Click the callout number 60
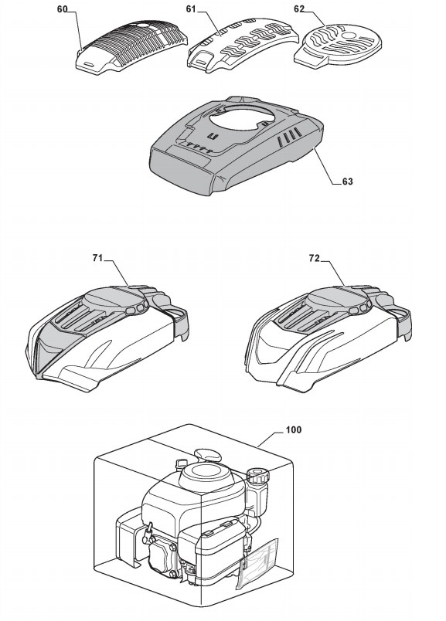[63, 9]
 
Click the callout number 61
[191, 9]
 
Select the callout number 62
[299, 9]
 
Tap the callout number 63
[347, 182]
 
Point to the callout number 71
[97, 258]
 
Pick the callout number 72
[314, 258]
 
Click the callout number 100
[294, 429]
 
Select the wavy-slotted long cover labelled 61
[242, 46]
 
